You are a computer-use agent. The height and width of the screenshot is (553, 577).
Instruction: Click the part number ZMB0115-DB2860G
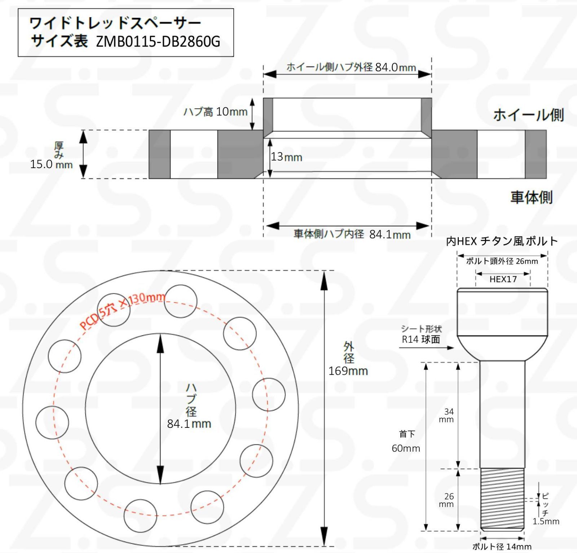point(158,42)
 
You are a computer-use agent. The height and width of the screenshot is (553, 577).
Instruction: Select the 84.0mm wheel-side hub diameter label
point(396,67)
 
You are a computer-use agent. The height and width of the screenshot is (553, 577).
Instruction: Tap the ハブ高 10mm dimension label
point(215,112)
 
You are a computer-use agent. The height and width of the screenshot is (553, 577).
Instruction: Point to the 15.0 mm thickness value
point(51,164)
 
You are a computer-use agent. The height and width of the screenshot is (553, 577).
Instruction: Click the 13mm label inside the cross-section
point(287,157)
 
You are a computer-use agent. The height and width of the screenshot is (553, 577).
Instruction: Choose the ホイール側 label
point(528,115)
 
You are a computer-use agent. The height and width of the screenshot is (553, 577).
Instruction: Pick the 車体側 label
point(531,197)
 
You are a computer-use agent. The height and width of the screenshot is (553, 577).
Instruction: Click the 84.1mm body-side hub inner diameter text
point(390,235)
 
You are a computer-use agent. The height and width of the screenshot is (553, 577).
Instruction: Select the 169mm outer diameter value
point(348,371)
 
